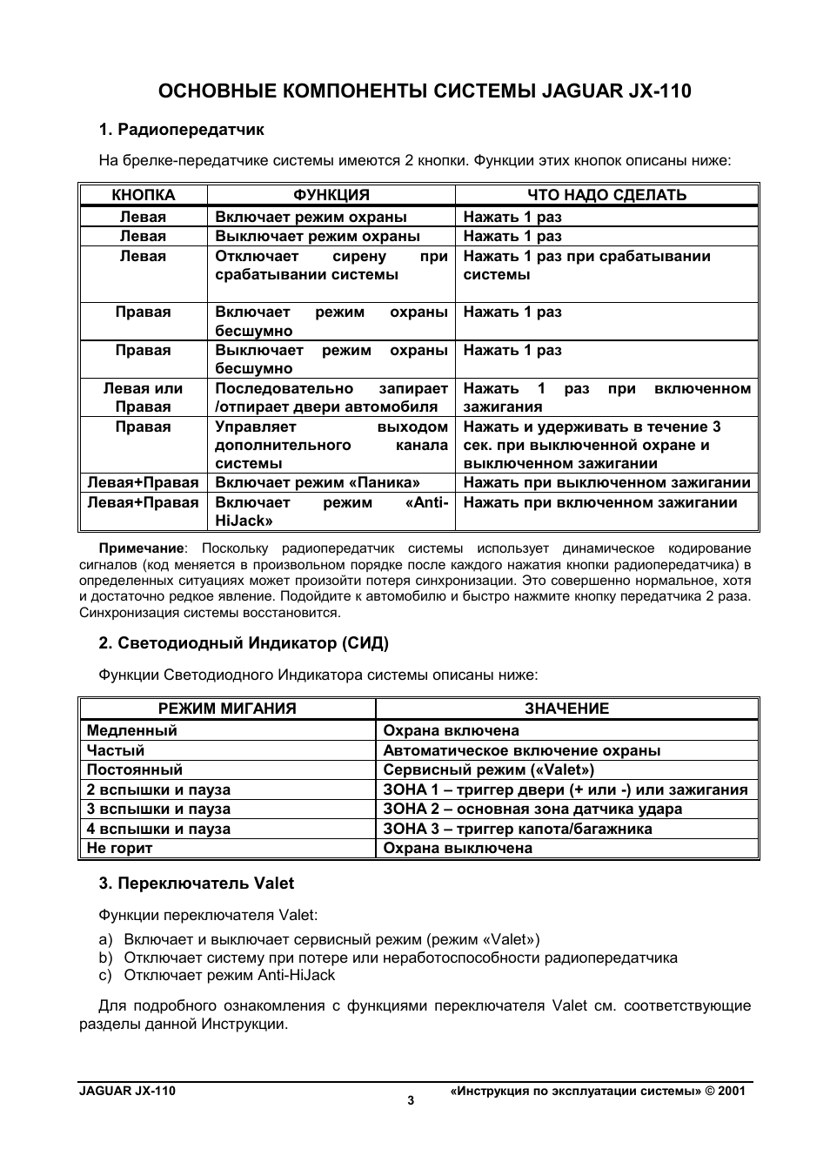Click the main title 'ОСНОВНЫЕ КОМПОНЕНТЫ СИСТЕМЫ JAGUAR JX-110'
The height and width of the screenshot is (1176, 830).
coord(425,91)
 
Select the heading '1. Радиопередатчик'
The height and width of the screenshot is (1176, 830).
coord(181,130)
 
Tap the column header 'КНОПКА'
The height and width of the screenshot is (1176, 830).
coord(144,195)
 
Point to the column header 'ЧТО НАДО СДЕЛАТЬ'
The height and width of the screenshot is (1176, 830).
coord(606,195)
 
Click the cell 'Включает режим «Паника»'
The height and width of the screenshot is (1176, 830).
coord(318,482)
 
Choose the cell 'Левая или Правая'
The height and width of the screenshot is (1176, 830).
coord(144,397)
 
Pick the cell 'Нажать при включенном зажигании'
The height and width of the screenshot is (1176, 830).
coord(599,502)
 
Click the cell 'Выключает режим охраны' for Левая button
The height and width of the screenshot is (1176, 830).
coord(318,236)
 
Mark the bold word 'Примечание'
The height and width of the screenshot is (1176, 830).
coord(142,548)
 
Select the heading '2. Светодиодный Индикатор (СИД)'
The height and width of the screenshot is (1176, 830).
coord(244,643)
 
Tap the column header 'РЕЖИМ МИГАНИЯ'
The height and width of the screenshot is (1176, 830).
coord(227,709)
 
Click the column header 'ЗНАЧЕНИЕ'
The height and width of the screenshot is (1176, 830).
coord(566,709)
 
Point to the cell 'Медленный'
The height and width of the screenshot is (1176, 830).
coord(131,730)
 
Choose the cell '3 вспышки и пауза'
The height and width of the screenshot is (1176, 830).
coord(158,809)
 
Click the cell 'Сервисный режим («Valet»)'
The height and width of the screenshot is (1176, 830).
coord(488,769)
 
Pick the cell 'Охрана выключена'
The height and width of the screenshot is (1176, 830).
coord(457,848)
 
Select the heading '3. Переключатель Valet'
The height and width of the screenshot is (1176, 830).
coord(196,884)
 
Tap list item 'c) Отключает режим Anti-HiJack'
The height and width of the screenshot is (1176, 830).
coord(217,975)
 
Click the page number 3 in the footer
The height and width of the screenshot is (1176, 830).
coord(411,1100)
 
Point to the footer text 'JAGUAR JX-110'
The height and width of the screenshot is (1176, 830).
coord(127,1091)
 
